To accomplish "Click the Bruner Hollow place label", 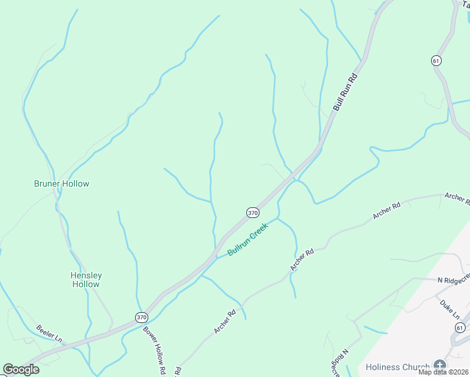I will [x=62, y=183].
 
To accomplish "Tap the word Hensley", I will [x=86, y=275].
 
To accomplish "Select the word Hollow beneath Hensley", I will [x=85, y=284].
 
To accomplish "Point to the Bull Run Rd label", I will [x=345, y=93].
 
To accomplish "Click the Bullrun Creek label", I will [x=248, y=239].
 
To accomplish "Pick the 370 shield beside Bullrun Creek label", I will [x=253, y=213].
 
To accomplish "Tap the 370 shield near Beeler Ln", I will [x=141, y=318].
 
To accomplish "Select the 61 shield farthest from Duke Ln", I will [x=436, y=60].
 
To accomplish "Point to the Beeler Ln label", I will [x=49, y=332].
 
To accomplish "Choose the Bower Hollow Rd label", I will [x=153, y=350].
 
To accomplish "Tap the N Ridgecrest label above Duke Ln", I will [x=454, y=277].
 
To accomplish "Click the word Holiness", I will [x=385, y=367].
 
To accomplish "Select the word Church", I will [x=418, y=367].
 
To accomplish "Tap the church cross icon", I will [x=440, y=366].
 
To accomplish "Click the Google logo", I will [x=21, y=369].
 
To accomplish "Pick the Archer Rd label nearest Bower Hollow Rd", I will [x=224, y=322].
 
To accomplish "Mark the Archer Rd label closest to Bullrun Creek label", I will [x=302, y=260].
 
